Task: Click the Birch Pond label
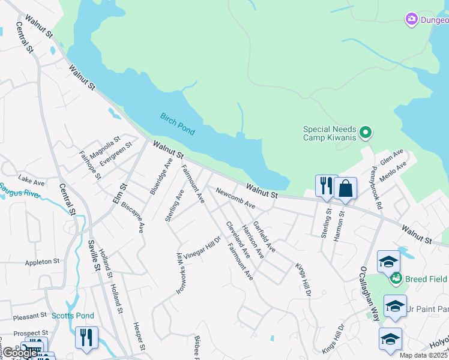point(177,124)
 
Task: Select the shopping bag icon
point(346,188)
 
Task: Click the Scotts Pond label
point(73,316)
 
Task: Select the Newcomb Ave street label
point(236,200)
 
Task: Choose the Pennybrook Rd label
point(377,187)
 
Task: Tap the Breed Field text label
point(426,278)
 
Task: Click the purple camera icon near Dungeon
point(412,20)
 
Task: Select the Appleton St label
point(42,262)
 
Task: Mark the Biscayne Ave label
point(133,216)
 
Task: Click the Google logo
point(20,353)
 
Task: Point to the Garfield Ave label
point(264,236)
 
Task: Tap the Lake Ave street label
point(31,180)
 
